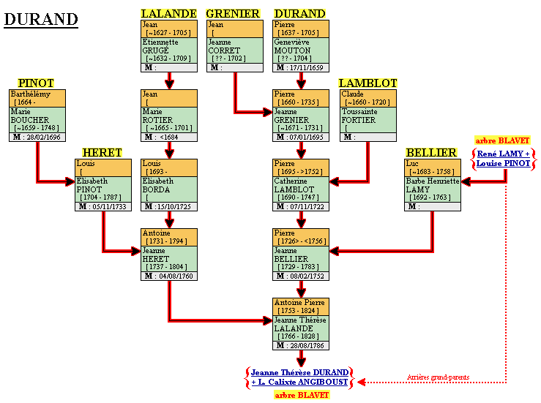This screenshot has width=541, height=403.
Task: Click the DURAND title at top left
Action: pos(41,20)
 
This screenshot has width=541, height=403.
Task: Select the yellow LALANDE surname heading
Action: pos(168,13)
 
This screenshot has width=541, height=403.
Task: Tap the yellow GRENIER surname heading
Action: pos(234,13)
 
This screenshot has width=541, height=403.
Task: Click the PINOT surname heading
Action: pos(37,83)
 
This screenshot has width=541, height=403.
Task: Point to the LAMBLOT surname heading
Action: pos(367,83)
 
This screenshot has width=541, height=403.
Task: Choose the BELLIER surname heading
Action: pos(433,152)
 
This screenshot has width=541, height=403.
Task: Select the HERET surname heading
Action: pos(102,152)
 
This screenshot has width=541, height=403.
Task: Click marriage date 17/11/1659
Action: pos(306,67)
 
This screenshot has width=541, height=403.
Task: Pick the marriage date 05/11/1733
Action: pos(108,206)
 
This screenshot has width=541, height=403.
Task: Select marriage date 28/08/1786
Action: pos(306,345)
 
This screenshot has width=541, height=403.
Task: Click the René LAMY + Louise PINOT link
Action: pos(503,159)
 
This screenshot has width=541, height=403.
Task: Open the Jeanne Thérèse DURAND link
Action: pos(300,372)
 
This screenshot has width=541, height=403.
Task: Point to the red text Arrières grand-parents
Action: pos(438,377)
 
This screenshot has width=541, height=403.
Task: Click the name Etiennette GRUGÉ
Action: pos(160,46)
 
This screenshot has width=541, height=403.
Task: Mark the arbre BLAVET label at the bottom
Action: pos(302,395)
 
